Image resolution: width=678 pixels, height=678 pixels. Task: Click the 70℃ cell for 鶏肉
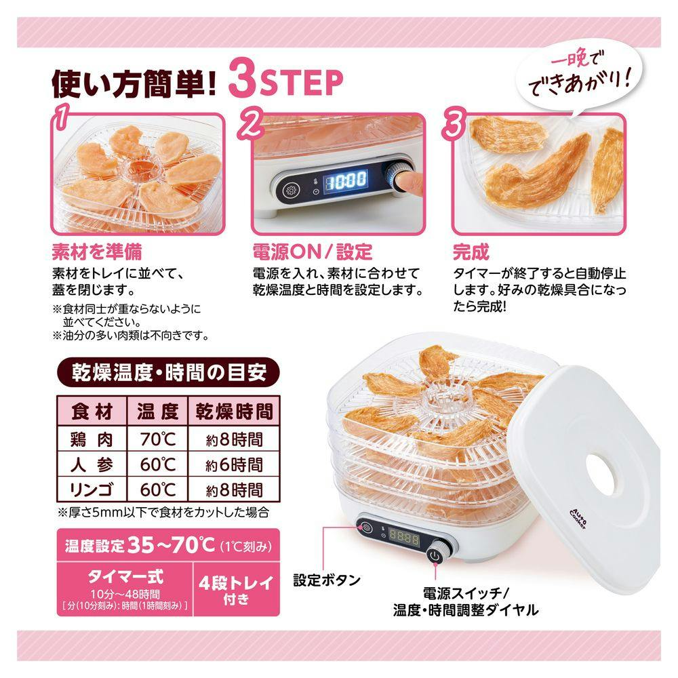coord(157,439)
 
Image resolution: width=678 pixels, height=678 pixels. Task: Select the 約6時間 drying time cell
coord(234,465)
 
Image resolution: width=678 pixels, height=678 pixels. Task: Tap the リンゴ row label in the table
coord(92,490)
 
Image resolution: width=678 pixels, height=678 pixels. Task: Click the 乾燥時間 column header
coord(234,411)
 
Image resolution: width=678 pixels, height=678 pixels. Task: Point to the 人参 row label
coord(92,465)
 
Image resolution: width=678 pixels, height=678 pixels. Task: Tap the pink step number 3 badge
coord(454,122)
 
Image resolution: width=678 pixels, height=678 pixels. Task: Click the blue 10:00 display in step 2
coord(346,180)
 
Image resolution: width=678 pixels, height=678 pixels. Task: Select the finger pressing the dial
coord(410,182)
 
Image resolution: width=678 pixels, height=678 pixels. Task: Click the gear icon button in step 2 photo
coord(291,191)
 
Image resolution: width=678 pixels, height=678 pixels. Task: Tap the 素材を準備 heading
coord(97,252)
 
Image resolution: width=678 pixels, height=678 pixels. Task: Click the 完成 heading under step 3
coord(471,252)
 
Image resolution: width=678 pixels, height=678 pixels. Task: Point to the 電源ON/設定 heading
coord(312,252)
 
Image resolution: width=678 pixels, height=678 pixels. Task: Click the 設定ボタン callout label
coord(327,580)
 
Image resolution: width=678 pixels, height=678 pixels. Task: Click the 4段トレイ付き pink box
coord(236,589)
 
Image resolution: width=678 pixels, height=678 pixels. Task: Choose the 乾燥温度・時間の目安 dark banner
coord(169,372)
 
